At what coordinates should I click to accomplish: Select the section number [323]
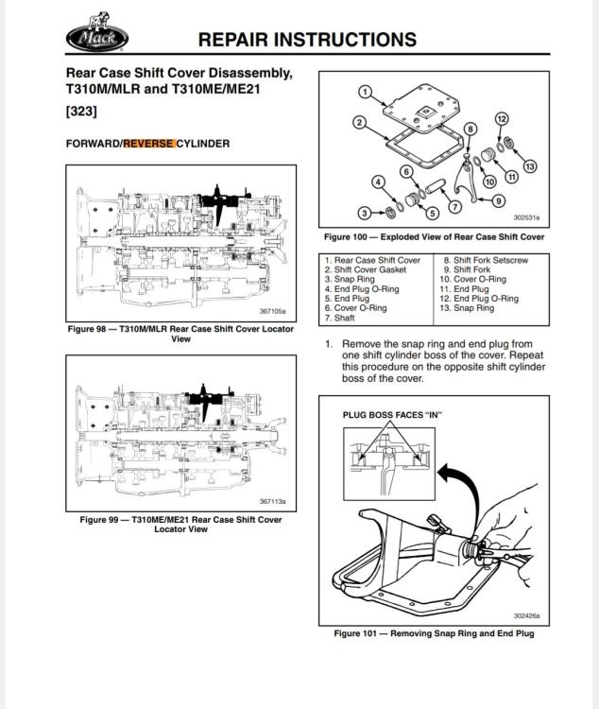click(x=81, y=112)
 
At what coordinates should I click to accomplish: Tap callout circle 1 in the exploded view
click(x=364, y=92)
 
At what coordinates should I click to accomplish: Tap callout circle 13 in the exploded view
click(x=529, y=166)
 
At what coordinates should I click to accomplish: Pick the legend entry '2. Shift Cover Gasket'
click(x=370, y=269)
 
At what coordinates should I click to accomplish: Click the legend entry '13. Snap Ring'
click(x=467, y=308)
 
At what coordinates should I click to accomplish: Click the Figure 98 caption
click(x=180, y=334)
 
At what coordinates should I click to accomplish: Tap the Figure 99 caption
click(x=180, y=524)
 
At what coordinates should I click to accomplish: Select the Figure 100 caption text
click(x=434, y=237)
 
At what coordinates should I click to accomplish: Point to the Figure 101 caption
click(x=434, y=633)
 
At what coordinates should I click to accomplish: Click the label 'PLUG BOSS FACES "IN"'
click(x=392, y=415)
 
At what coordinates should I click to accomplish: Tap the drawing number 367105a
click(x=272, y=310)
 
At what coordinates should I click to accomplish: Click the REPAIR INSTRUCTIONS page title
click(x=307, y=40)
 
